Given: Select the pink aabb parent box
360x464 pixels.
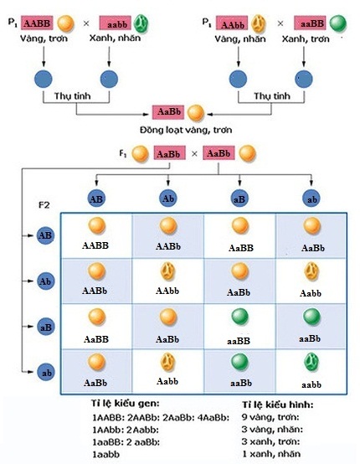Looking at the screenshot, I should [117, 23].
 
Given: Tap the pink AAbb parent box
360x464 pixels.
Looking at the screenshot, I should [232, 23].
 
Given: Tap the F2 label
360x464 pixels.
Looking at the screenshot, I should [47, 204].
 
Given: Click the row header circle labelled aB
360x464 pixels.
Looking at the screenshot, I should [46, 325].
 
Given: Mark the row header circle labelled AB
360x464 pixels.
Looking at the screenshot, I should [46, 235].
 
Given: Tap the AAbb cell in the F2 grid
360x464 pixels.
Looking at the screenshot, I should [167, 280].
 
